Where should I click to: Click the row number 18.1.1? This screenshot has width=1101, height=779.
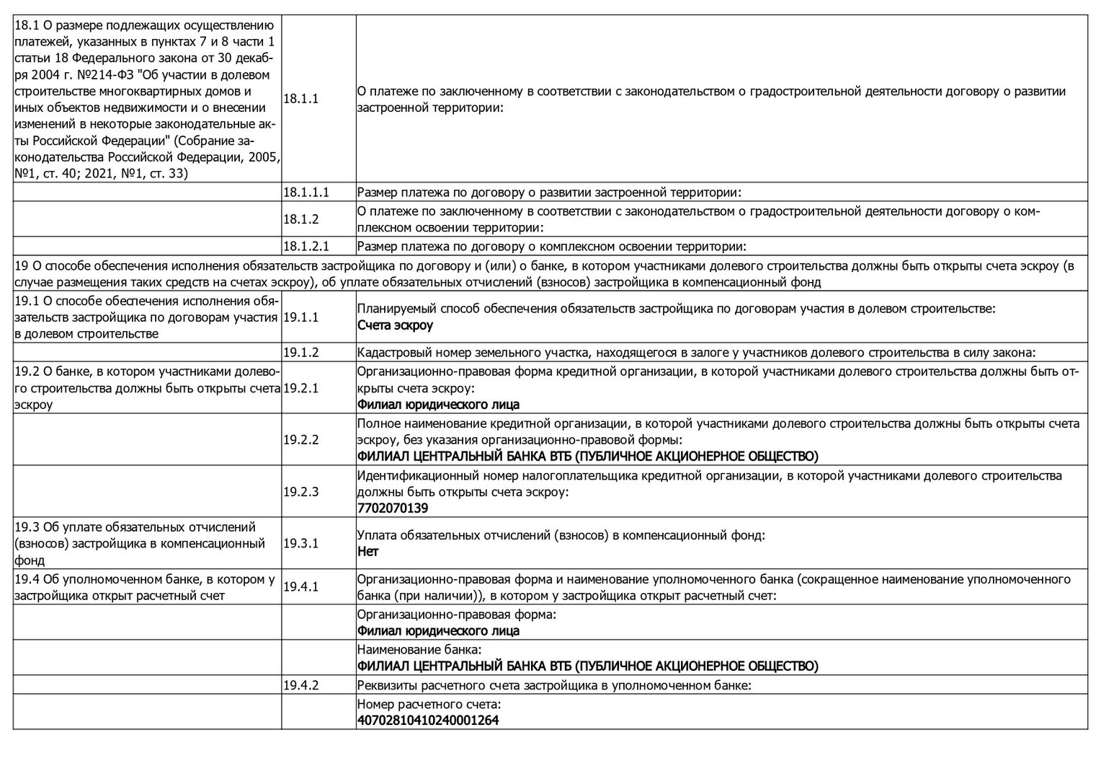[x=301, y=99]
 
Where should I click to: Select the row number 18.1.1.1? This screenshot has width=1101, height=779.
[x=306, y=193]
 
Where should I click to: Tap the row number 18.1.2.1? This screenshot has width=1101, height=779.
[x=306, y=247]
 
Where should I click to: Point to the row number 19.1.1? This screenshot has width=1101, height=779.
[x=301, y=317]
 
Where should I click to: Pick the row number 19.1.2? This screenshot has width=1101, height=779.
[x=301, y=353]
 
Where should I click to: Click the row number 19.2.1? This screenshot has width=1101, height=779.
[x=301, y=388]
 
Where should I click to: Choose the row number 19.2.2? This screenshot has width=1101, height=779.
[x=301, y=439]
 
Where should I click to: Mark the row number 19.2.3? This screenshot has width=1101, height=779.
[x=301, y=491]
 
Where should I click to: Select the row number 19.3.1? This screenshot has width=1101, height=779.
[x=301, y=543]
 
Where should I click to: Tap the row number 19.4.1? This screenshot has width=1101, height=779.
[x=301, y=587]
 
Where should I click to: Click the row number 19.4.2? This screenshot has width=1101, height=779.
[x=301, y=685]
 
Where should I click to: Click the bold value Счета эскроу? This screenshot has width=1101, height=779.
[x=395, y=325]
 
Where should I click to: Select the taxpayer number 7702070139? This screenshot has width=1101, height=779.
[x=393, y=509]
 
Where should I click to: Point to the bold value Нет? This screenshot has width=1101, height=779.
[x=367, y=552]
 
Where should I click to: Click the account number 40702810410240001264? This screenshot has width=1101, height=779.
[x=428, y=721]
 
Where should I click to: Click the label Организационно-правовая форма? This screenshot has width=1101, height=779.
[x=457, y=615]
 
